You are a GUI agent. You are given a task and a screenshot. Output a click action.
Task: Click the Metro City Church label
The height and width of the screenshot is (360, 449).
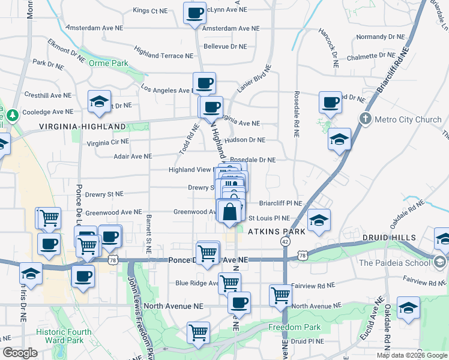point(408,119)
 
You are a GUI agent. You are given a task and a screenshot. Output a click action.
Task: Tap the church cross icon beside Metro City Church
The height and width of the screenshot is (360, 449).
point(364,119)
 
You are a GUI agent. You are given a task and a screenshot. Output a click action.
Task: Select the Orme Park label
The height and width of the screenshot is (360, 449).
point(109,63)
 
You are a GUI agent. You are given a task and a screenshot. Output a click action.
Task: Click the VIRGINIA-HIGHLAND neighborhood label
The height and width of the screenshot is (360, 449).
point(83,127)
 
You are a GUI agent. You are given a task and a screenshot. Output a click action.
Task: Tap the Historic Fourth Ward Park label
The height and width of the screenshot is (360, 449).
point(64,336)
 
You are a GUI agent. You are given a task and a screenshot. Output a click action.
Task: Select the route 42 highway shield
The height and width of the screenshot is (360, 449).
point(285,241)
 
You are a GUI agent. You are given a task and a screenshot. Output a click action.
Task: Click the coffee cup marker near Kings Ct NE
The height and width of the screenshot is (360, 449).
point(194,13)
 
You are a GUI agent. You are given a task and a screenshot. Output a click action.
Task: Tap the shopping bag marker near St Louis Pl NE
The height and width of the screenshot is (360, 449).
point(230,212)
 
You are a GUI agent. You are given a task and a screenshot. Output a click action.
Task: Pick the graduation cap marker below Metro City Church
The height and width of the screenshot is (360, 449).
point(339,139)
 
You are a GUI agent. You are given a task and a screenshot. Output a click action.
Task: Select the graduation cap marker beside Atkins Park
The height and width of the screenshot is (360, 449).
point(319,220)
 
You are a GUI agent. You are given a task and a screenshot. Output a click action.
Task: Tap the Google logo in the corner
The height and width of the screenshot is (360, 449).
point(20,353)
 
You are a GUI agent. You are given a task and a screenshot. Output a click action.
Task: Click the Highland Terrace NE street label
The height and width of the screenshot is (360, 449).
point(164,56)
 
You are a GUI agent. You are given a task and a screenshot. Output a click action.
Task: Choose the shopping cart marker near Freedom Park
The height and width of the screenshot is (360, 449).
point(198,332)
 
